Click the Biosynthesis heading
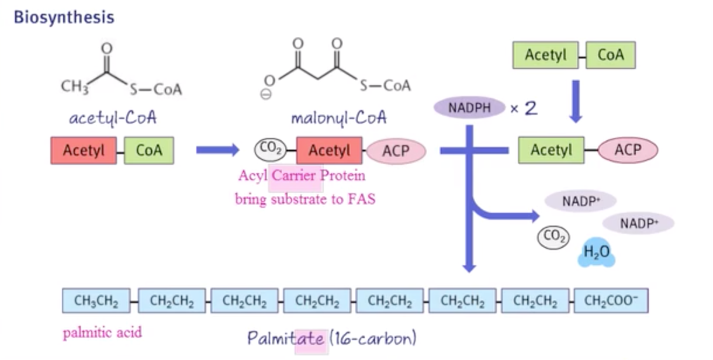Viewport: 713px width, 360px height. click(x=64, y=17)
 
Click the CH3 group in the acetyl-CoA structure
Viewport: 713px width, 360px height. click(x=74, y=87)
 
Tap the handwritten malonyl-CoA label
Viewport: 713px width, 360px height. click(x=339, y=119)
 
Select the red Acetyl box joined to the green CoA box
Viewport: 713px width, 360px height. click(x=83, y=150)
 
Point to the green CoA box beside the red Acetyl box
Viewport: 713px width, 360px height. click(x=148, y=150)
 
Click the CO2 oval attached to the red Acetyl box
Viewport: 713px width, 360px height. click(x=271, y=150)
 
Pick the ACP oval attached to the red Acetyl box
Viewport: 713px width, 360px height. click(x=396, y=151)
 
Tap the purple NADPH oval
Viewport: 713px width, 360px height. click(x=469, y=108)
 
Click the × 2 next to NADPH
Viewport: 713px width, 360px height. click(x=524, y=108)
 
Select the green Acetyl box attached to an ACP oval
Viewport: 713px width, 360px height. click(x=551, y=150)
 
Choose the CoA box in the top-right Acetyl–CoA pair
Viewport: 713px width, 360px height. click(x=610, y=56)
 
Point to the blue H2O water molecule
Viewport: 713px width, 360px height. click(x=597, y=253)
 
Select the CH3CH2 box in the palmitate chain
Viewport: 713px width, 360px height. click(x=96, y=301)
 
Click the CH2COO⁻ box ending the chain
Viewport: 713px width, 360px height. click(x=611, y=301)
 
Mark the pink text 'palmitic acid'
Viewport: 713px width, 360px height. click(x=102, y=334)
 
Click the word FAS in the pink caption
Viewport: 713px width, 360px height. click(x=363, y=199)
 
